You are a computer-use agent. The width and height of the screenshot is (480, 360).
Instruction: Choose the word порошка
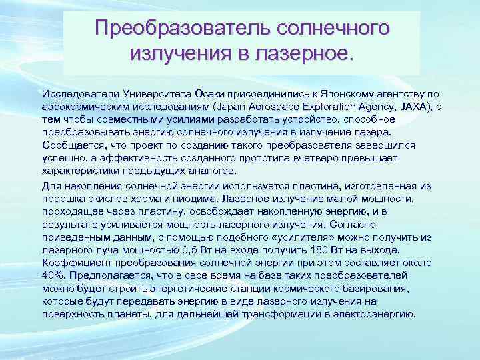(x=61, y=199)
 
